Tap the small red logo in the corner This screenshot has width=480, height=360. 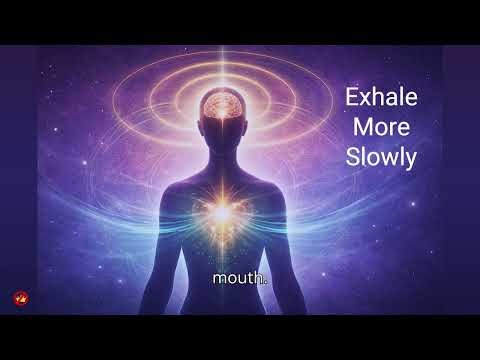pos(19,298)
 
